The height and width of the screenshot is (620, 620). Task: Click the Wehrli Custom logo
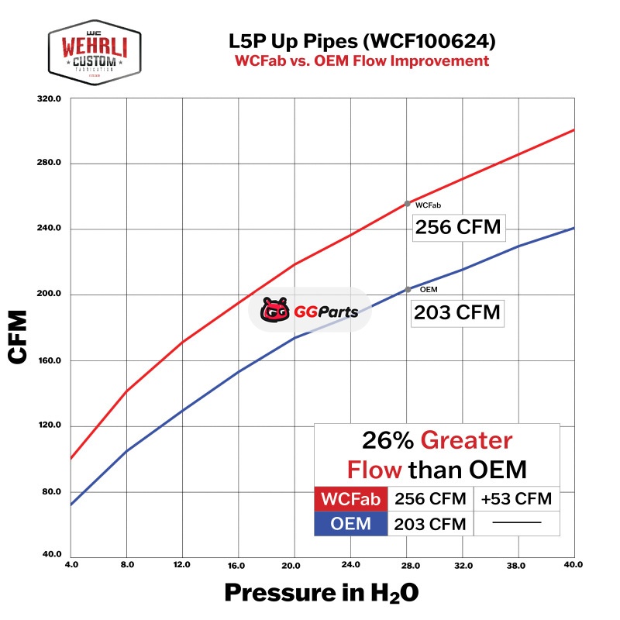tap(94, 53)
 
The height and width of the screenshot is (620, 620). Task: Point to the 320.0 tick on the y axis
tap(52, 98)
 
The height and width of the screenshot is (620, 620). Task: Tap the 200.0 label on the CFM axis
tap(52, 295)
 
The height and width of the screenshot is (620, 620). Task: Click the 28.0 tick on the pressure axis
tap(408, 565)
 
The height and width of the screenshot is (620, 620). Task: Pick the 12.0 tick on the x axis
tap(182, 565)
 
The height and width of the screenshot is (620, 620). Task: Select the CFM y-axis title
tap(19, 337)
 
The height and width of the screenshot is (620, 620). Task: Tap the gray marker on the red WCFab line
tap(408, 204)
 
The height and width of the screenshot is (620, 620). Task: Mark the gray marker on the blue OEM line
tap(408, 290)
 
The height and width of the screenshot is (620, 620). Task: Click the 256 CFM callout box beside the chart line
tap(457, 228)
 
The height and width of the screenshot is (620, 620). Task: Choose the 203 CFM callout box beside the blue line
tap(457, 313)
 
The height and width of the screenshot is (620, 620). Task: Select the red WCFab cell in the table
tap(350, 499)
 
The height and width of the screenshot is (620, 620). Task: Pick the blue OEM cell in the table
tap(350, 524)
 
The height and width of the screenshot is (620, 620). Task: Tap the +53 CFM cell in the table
tap(516, 499)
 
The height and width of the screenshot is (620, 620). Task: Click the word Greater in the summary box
tap(467, 441)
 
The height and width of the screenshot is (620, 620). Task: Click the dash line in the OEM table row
tap(516, 524)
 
